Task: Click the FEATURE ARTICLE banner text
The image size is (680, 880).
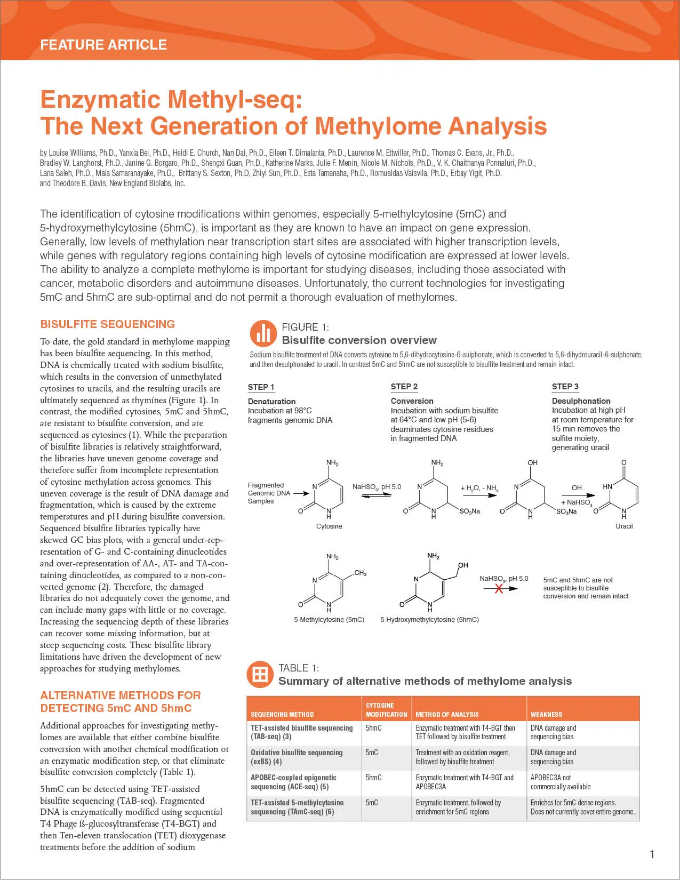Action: point(103,45)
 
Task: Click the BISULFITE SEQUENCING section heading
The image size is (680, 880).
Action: point(107,324)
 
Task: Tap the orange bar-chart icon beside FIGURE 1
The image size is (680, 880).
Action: point(263,333)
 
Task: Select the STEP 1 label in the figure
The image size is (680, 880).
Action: point(261,387)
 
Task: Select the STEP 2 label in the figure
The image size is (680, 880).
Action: point(404,387)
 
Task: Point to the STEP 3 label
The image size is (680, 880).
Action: point(565,387)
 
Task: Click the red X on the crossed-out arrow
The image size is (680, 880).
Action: point(499,588)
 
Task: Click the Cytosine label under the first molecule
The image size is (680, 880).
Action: point(329,526)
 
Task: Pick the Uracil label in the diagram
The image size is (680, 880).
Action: point(624,526)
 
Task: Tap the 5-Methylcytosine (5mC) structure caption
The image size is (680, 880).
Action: point(329,620)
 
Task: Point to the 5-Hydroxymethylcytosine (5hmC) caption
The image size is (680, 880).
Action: point(429,620)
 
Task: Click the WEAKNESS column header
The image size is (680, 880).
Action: point(546,714)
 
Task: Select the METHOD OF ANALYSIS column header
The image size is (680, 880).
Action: point(447,714)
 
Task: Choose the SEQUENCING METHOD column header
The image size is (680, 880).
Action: point(282,714)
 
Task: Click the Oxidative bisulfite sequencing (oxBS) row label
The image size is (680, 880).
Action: point(296,757)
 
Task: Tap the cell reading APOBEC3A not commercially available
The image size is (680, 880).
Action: point(560,782)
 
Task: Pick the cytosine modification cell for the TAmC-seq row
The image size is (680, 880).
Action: point(372,803)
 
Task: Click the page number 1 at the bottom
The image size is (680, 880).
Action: point(652,854)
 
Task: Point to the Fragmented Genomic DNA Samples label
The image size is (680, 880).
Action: point(269,493)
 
